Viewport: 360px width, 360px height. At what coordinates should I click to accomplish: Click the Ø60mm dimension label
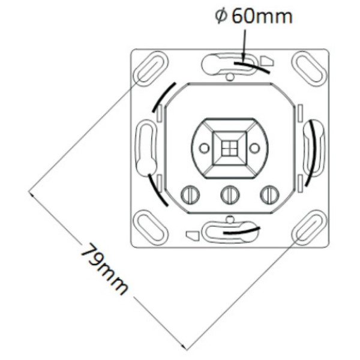click(254, 16)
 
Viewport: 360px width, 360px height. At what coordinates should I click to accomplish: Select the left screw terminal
click(190, 194)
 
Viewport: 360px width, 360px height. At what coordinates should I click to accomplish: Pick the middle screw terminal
click(230, 194)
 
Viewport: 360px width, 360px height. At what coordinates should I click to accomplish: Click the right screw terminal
click(269, 194)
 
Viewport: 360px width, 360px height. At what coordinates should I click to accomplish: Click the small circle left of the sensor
click(204, 148)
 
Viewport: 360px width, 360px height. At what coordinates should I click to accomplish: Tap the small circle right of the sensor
click(255, 148)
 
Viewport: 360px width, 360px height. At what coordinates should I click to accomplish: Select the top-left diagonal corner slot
click(150, 67)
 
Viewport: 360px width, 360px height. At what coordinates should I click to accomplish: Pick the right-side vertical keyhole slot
click(314, 147)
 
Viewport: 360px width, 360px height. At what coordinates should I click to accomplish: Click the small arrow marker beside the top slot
click(268, 61)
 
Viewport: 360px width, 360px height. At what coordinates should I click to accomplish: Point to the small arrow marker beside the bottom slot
click(192, 235)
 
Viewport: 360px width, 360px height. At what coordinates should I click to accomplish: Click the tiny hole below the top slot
click(230, 77)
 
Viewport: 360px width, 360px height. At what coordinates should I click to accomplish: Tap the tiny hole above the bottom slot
click(230, 218)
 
